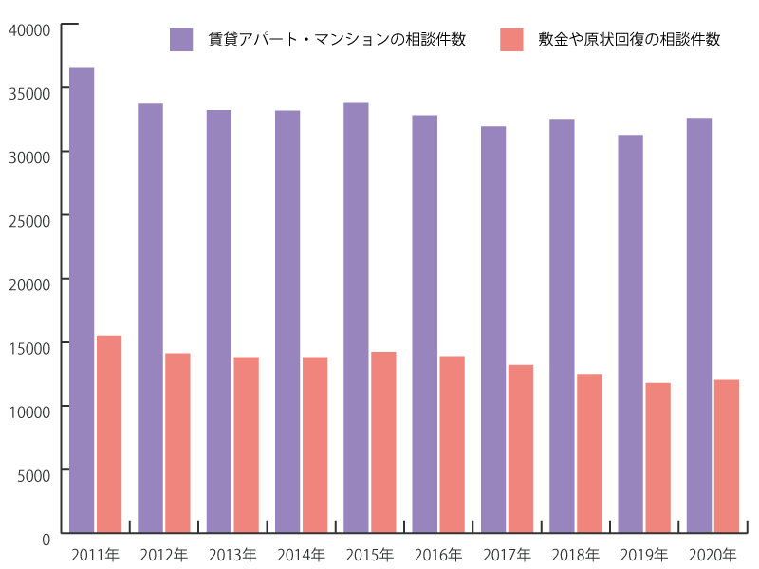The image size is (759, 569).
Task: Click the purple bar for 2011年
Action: click(82, 300)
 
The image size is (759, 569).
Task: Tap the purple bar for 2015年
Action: click(356, 317)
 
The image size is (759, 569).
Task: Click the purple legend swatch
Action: click(182, 40)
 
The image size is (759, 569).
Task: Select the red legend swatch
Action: click(511, 40)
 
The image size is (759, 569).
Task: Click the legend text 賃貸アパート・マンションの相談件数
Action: click(337, 40)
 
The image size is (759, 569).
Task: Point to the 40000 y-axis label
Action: click(29, 29)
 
